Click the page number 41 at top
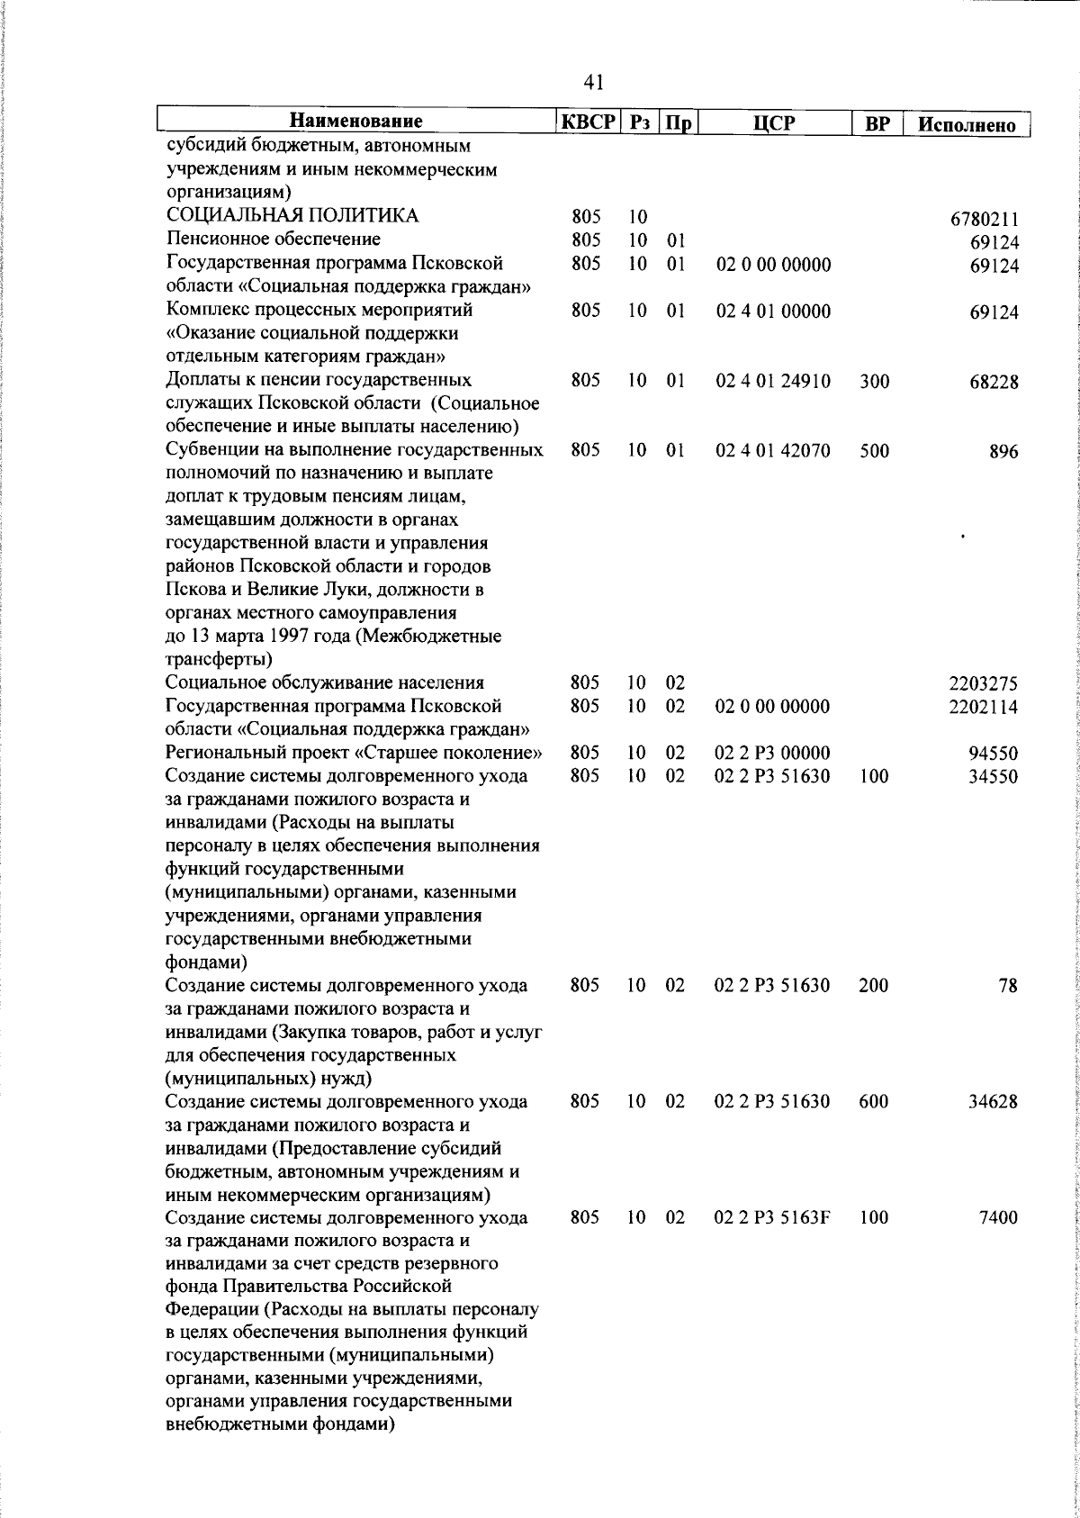click(593, 82)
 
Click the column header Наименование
click(356, 122)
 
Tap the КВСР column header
click(587, 122)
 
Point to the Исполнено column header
click(967, 124)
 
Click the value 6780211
click(984, 219)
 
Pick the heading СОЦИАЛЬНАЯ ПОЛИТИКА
click(292, 216)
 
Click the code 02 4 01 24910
click(772, 381)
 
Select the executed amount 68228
click(994, 382)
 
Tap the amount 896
click(1003, 452)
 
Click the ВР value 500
click(873, 451)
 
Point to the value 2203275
click(984, 684)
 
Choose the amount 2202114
click(984, 708)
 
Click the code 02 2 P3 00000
click(771, 754)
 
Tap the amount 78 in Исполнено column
click(1007, 986)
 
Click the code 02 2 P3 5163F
click(771, 1218)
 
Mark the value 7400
click(998, 1218)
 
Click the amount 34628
click(994, 1102)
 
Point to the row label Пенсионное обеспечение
click(261, 239)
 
